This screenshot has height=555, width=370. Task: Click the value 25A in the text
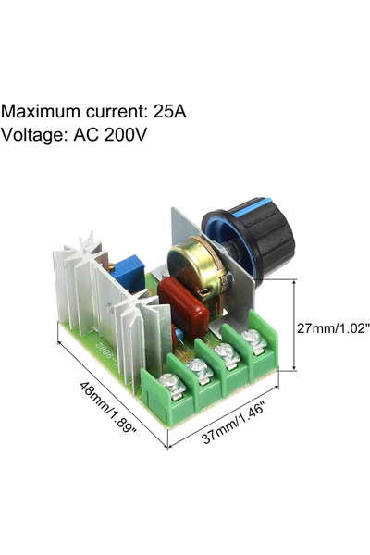(x=169, y=112)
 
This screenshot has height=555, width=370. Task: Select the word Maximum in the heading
(x=41, y=112)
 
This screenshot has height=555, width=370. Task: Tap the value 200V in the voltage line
(x=126, y=134)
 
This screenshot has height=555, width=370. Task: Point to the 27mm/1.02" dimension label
(x=333, y=328)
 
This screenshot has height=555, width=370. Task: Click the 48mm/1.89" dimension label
(x=108, y=407)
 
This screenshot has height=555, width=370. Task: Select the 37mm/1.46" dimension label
(x=233, y=424)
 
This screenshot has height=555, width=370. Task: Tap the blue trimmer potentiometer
(x=128, y=273)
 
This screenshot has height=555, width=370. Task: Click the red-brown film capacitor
(x=183, y=308)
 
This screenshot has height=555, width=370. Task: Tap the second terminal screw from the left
(x=200, y=368)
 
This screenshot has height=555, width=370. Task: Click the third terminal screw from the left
(x=227, y=353)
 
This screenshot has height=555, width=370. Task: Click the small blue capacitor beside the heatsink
(x=179, y=334)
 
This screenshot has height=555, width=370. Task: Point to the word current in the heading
(x=115, y=112)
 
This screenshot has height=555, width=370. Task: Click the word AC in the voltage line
(x=85, y=134)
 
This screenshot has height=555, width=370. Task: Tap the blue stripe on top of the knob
(x=251, y=207)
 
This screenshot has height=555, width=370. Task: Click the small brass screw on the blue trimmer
(x=112, y=265)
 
